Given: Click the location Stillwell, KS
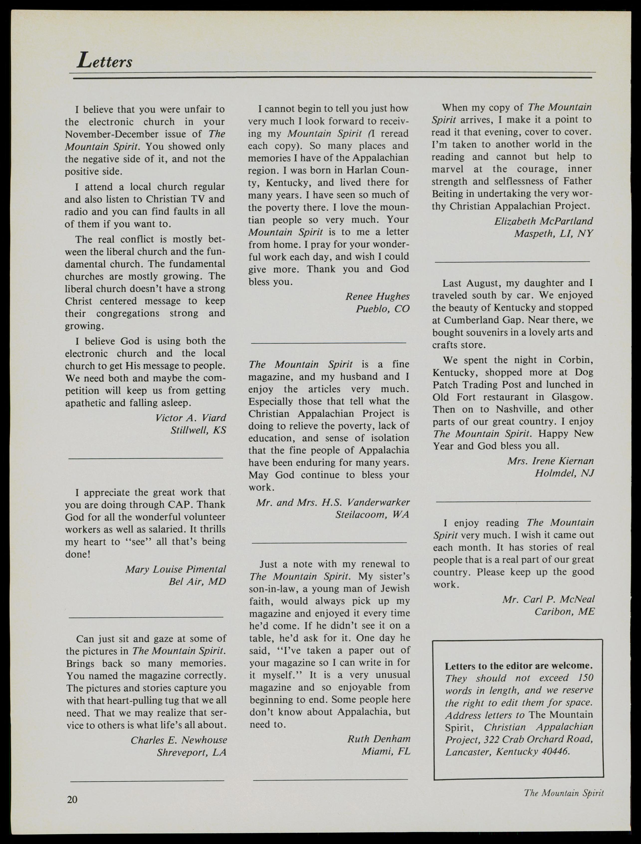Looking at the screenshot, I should pos(198,430).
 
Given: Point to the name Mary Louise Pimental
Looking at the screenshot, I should pos(176,569).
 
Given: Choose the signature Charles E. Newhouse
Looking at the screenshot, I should pos(179,740).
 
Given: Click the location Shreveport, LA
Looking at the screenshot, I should pos(192,752).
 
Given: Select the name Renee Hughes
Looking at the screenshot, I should pos(377,296).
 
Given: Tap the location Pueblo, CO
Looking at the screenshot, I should pos(383,309).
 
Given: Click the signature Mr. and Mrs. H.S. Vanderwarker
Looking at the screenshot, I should pos(333,502).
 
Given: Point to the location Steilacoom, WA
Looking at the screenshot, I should pos(372,515).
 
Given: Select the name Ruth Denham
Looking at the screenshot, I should pos(379,739).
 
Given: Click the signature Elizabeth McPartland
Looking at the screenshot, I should pos(543,221).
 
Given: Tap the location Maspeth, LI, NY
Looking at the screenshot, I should pos(553,234).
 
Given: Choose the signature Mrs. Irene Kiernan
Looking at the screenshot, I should pos(550,461).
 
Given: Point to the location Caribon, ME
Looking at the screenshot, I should pos(564,612).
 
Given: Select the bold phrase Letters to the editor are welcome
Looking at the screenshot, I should pos(519,666).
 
